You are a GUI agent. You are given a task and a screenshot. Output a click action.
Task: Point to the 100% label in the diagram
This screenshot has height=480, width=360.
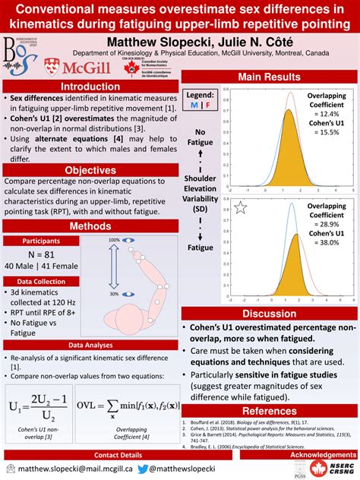point(114,240)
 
